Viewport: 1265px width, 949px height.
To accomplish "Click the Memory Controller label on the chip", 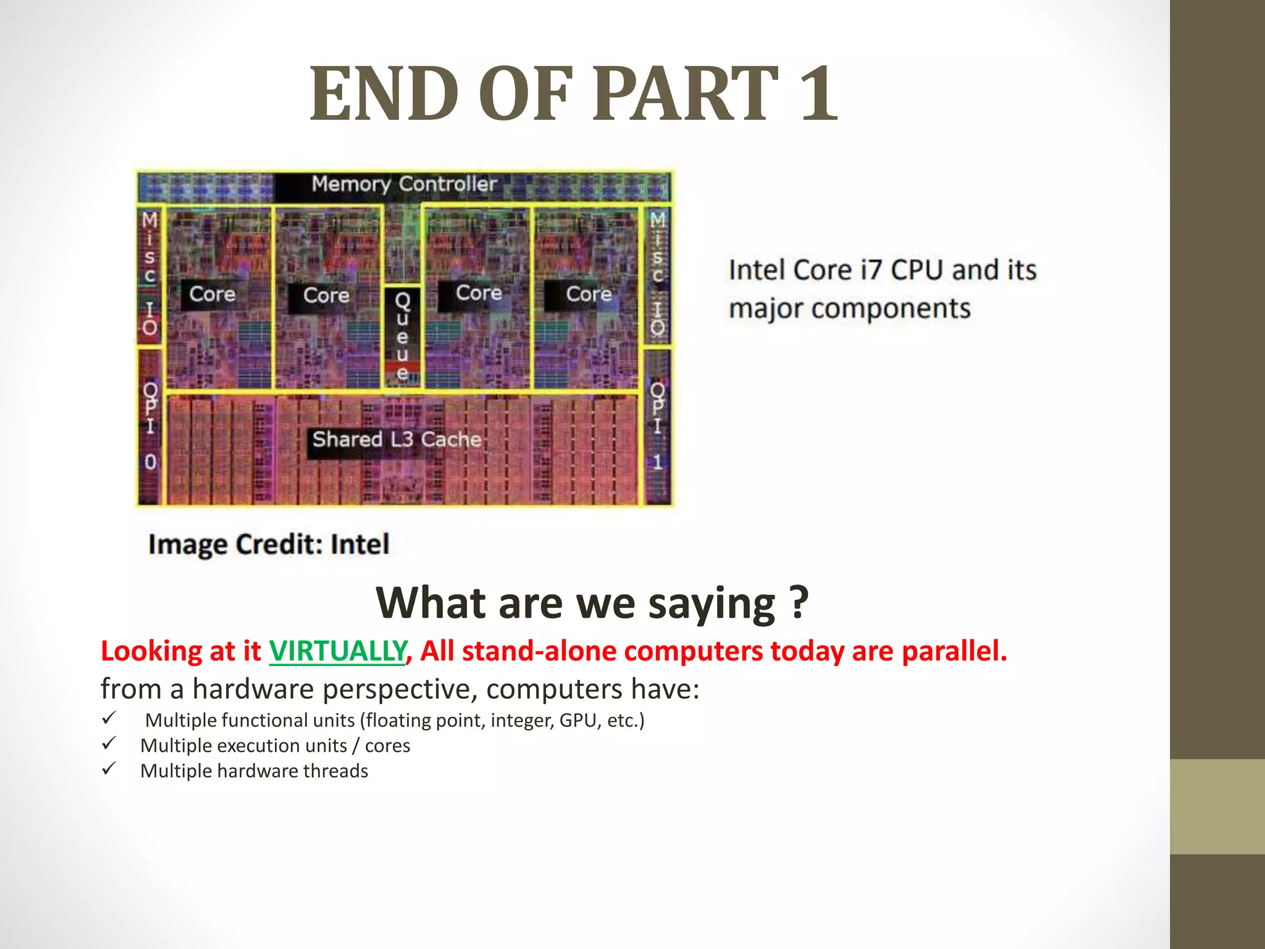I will click(404, 184).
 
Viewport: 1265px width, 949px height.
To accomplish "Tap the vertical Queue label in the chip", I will click(402, 337).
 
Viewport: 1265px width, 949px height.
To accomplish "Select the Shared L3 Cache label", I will click(396, 439).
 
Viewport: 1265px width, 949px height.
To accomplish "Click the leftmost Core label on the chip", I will click(212, 294).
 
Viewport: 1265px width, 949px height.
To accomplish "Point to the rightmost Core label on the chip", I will click(589, 294).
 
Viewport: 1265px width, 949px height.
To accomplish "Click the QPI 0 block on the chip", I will click(150, 426).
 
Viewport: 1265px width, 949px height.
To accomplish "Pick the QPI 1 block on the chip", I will click(657, 426).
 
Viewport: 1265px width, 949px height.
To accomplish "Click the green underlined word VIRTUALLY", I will click(337, 651).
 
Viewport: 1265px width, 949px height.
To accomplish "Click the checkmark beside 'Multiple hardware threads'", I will click(109, 769).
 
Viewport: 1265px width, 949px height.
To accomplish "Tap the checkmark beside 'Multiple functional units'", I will click(109, 719).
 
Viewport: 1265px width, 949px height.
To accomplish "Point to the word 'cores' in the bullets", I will click(387, 746).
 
